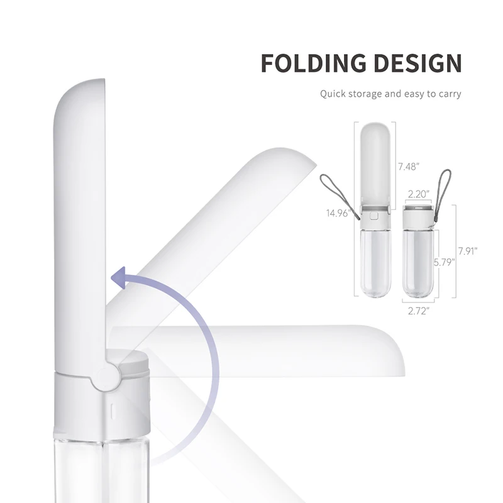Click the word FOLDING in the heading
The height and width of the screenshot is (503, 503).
tap(309, 64)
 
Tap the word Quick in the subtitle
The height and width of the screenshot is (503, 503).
tap(334, 94)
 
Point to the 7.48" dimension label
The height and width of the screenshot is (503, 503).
tap(409, 167)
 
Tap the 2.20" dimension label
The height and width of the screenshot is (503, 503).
tap(418, 194)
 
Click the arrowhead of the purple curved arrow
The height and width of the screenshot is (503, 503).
tap(119, 277)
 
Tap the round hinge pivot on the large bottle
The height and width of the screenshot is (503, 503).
tap(106, 375)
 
